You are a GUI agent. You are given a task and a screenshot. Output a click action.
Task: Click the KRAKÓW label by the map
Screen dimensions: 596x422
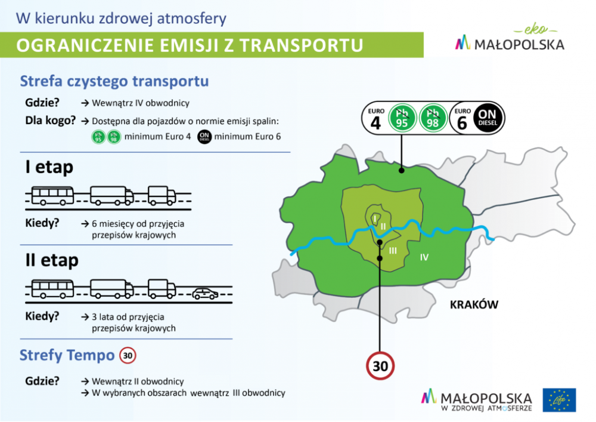point(474,304)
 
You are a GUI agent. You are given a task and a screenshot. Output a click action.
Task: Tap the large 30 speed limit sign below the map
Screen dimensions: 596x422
point(380,366)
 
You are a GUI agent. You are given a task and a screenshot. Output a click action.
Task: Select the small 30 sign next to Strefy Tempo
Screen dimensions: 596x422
point(128,355)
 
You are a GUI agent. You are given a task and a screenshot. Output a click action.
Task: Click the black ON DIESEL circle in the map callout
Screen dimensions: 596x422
point(488,118)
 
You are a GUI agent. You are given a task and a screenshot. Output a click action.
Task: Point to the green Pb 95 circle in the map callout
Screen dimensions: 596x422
point(402,118)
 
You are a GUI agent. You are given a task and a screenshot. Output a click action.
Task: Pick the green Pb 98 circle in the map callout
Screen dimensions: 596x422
point(433,118)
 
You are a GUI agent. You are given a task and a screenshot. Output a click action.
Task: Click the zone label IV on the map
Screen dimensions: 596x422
point(424,257)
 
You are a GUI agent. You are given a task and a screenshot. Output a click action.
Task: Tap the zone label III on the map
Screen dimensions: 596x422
point(393,251)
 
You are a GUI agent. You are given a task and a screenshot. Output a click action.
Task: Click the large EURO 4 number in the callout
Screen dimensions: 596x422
point(375,123)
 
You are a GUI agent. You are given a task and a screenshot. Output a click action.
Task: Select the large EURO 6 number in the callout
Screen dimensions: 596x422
point(462,123)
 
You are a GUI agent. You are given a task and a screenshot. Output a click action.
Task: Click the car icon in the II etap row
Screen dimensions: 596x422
point(205,294)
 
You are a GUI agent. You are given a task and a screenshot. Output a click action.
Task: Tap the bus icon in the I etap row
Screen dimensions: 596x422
point(52,196)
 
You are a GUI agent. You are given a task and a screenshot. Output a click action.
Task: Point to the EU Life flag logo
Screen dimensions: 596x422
point(559,400)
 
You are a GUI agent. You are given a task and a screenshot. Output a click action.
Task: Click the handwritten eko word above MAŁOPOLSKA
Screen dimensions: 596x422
point(536,29)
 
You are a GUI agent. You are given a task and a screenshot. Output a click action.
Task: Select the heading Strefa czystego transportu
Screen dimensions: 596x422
point(114,81)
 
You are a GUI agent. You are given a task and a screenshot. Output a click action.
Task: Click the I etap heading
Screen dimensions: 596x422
point(49,167)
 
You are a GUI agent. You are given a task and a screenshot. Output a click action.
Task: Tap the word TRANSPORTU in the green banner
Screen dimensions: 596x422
point(302,45)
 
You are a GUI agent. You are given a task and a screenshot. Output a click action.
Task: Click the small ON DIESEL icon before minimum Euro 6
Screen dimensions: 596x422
point(204,137)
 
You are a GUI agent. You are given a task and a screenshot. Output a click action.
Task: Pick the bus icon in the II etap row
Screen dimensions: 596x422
point(52,289)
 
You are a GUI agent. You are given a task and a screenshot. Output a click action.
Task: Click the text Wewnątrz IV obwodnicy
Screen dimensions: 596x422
point(141,103)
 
